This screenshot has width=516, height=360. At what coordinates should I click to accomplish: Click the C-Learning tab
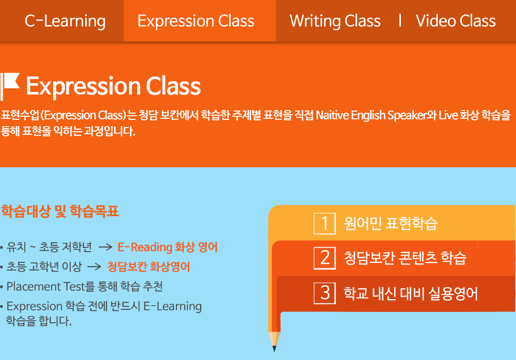(x=65, y=21)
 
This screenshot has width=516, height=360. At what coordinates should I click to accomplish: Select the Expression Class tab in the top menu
(x=196, y=21)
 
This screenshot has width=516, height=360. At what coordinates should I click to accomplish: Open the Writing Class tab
(x=335, y=21)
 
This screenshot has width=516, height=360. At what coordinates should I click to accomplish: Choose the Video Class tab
(x=456, y=21)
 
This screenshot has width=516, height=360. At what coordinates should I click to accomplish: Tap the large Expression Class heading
(x=113, y=86)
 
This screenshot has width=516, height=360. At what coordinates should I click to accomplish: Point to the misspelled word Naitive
(x=332, y=115)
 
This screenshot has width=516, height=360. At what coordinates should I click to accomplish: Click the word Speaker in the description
(x=407, y=115)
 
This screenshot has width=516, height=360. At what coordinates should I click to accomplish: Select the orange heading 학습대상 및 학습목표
(x=60, y=211)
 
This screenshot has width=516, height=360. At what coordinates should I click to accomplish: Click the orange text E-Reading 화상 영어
(x=168, y=247)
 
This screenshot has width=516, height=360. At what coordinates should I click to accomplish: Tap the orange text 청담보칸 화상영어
(x=149, y=267)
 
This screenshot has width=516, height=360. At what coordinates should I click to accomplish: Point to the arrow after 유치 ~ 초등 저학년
(x=105, y=247)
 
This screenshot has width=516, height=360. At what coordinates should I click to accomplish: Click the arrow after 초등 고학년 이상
(x=94, y=267)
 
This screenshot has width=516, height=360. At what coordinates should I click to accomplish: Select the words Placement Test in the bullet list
(x=46, y=287)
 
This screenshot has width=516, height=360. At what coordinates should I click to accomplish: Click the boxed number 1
(x=325, y=224)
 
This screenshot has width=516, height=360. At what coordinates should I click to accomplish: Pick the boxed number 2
(x=325, y=258)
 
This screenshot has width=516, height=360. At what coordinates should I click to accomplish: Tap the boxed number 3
(x=325, y=293)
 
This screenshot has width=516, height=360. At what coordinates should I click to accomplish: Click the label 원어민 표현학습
(x=391, y=223)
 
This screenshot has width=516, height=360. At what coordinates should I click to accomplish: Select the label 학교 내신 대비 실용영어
(x=411, y=293)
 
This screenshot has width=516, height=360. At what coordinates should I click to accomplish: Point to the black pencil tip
(x=274, y=349)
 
